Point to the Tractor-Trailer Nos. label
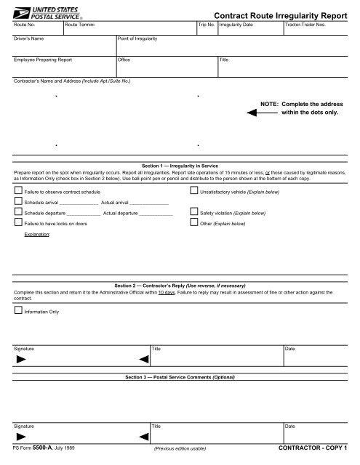(308, 25)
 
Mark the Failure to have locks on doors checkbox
(19, 225)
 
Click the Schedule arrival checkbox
(19, 202)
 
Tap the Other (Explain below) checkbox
(193, 225)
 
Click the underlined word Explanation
(37, 236)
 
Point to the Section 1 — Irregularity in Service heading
(180, 167)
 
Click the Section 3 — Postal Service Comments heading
(180, 379)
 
